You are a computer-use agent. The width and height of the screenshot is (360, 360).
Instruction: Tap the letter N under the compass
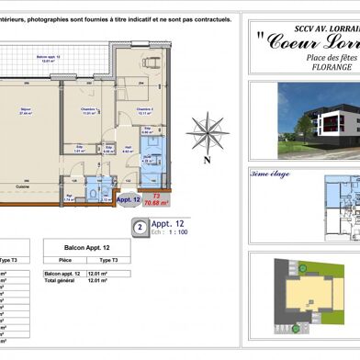tap(208, 159)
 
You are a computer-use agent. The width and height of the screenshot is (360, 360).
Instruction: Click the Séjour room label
tap(25, 111)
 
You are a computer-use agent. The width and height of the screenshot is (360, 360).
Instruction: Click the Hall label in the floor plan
tap(129, 146)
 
